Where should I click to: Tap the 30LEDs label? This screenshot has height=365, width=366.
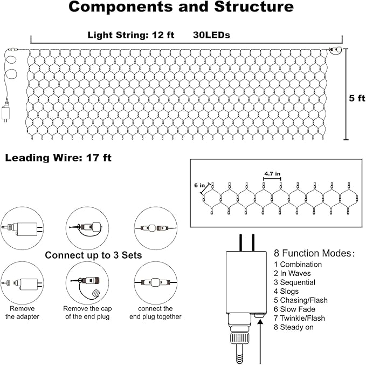[x=212, y=35]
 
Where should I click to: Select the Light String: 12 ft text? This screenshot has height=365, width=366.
[x=131, y=35]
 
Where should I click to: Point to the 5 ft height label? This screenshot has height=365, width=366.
[x=357, y=98]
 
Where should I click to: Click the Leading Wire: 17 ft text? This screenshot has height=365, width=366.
[x=58, y=158]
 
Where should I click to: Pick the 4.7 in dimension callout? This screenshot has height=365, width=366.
[x=272, y=174]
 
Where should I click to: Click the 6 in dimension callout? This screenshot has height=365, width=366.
[x=200, y=185]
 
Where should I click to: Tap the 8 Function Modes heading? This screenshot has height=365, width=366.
[x=314, y=253]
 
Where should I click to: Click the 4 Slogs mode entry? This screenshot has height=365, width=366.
[x=290, y=291]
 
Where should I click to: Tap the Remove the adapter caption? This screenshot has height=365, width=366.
[x=23, y=313]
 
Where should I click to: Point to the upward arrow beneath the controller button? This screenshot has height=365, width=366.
[x=260, y=340]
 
